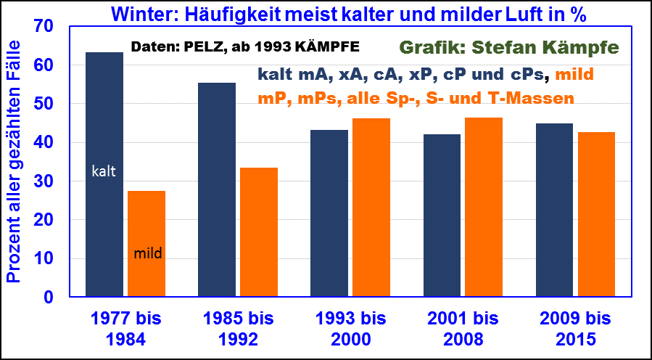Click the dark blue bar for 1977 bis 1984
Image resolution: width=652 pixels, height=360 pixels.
[x=104, y=174]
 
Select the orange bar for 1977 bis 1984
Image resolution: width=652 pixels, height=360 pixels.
[x=147, y=244]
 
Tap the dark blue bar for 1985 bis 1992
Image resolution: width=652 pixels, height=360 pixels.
[x=217, y=189]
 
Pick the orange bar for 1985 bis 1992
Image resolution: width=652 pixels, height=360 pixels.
[x=259, y=232]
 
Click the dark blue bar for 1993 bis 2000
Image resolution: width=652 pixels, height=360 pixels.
[x=329, y=213]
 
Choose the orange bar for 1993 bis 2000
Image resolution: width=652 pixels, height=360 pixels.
[x=371, y=208]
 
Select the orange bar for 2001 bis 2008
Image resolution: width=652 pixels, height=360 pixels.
[x=484, y=207]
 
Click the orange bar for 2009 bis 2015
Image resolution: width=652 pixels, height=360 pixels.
[x=597, y=214]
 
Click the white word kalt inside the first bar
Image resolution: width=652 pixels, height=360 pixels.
[x=104, y=172]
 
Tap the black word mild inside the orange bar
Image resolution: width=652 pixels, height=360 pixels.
[x=148, y=254]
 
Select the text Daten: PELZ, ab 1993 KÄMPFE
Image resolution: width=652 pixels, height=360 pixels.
[x=245, y=47]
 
